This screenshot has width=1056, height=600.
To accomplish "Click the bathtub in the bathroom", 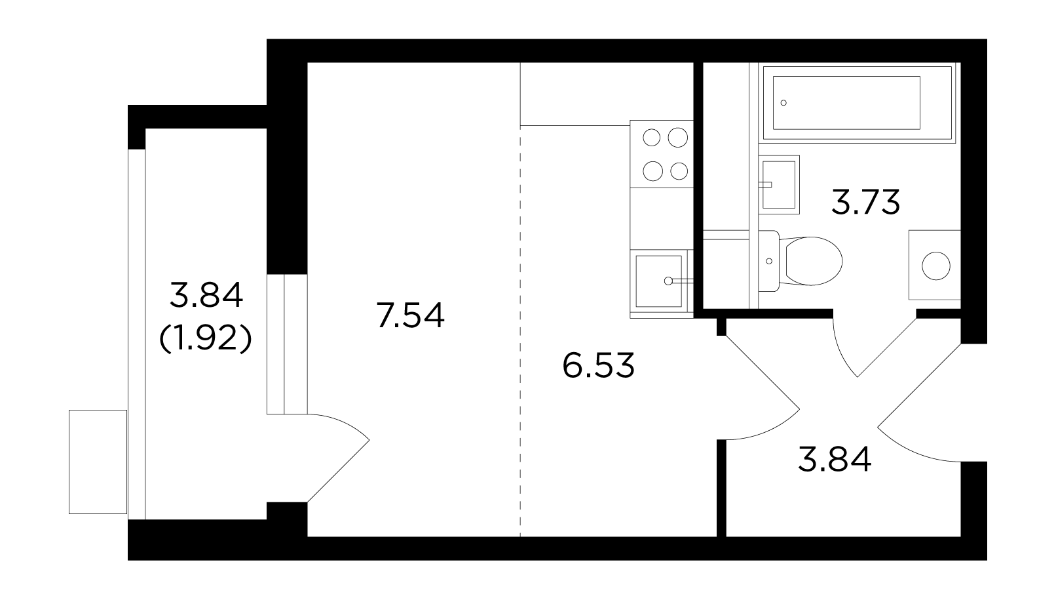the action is click(x=859, y=102).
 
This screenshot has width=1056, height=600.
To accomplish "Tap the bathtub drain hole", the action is click(x=783, y=103).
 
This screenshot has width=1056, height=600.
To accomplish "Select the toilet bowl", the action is click(x=810, y=261).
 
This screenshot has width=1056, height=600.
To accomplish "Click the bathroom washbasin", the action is click(x=780, y=184).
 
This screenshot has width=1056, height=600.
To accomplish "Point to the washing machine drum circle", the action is click(x=935, y=266).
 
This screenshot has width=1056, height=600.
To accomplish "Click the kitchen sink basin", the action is click(x=658, y=281).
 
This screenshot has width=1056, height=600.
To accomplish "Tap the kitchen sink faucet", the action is click(x=678, y=281).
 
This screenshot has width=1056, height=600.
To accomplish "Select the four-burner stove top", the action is click(x=662, y=154).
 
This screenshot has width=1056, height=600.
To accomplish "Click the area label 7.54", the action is click(x=410, y=315).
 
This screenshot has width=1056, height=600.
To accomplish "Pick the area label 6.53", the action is click(x=599, y=365).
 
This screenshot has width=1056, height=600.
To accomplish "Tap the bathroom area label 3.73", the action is click(x=865, y=202).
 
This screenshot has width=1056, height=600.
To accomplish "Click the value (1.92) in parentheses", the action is click(x=206, y=339).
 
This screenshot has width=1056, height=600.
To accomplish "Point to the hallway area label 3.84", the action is click(x=835, y=460).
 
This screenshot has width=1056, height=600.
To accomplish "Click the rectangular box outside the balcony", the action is click(x=98, y=462).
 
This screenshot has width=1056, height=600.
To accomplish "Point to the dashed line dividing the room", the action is click(x=520, y=331).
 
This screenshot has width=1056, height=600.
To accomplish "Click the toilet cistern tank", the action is click(x=769, y=261).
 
